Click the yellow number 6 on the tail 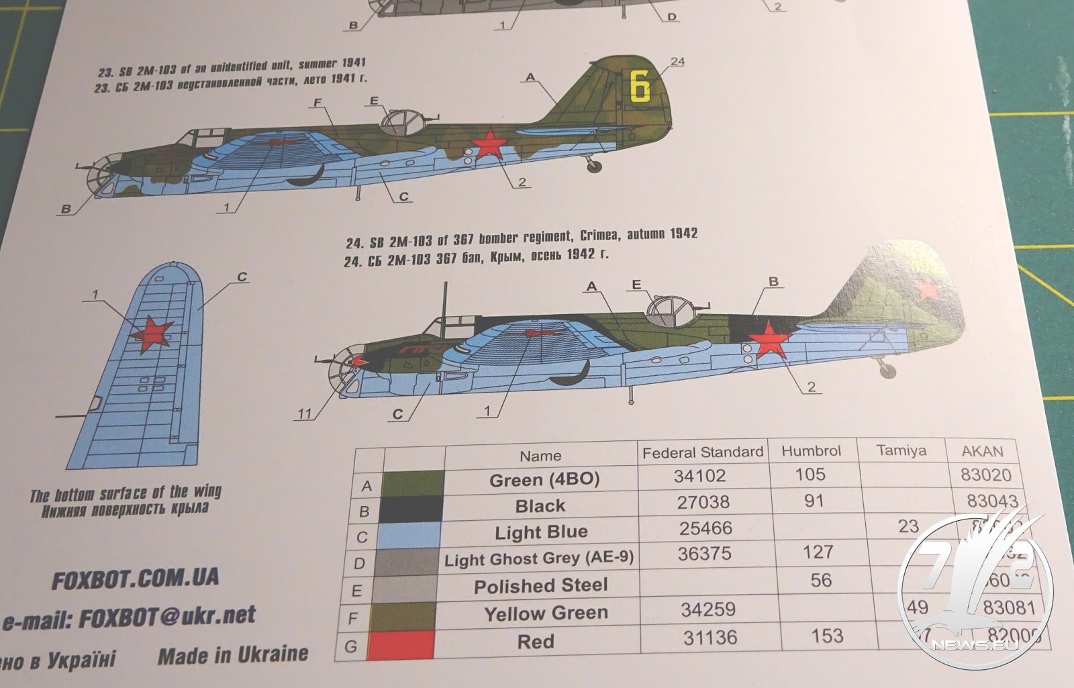coord(640,87)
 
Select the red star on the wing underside coord(152,334)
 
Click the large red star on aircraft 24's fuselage coord(768,339)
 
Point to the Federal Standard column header coord(702,452)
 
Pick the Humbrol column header coord(810,451)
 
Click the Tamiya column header coord(901,450)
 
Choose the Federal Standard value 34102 coord(699,476)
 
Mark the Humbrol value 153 coord(826,636)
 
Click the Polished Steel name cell coord(540,586)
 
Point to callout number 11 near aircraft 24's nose coord(305,413)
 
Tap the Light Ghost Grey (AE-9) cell coord(539,559)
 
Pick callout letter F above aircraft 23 coord(318,103)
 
